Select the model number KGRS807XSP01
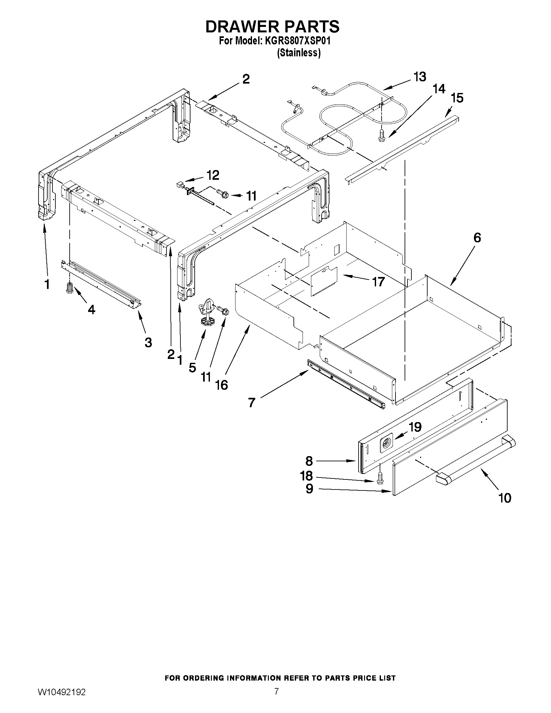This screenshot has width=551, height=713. tap(298, 41)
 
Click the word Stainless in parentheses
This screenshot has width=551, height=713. tap(299, 52)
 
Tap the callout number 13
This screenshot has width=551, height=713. tap(419, 77)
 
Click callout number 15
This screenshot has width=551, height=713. tap(457, 98)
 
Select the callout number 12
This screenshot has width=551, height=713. tap(213, 176)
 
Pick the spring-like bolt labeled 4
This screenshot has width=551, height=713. tap(69, 288)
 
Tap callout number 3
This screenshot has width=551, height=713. tap(148, 342)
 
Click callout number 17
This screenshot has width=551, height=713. tap(378, 282)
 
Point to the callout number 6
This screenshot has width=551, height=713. tap(477, 238)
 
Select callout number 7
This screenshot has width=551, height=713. tap(251, 403)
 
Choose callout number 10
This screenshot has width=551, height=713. tap(504, 498)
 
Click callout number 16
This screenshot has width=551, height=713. tap(221, 385)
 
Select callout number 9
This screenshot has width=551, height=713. tap(309, 489)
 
